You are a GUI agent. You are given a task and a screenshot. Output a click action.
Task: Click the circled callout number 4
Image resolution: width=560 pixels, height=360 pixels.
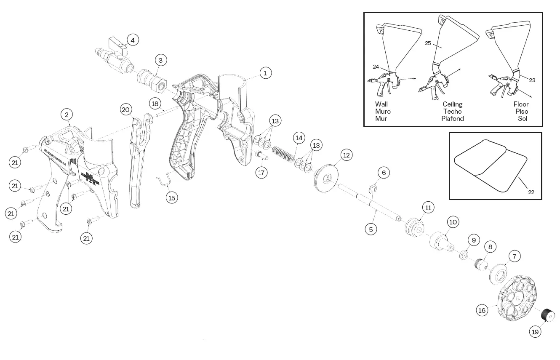click(x=132, y=40)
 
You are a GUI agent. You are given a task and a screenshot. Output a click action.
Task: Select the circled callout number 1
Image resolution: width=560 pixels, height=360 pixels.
click(x=265, y=73)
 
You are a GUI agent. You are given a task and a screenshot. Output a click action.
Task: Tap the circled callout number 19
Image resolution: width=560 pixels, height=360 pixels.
click(x=535, y=332)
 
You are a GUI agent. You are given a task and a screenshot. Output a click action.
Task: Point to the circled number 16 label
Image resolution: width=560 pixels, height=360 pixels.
click(x=482, y=310)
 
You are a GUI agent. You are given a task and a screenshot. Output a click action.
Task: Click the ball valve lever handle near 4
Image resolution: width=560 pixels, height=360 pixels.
click(x=117, y=43)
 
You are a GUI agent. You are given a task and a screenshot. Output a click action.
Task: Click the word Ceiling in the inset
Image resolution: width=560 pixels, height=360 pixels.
click(x=452, y=104)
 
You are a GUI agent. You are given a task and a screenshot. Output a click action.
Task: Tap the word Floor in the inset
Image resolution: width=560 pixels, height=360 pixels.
click(x=521, y=104)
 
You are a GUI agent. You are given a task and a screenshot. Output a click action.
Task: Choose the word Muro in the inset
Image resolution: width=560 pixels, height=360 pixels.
click(x=383, y=111)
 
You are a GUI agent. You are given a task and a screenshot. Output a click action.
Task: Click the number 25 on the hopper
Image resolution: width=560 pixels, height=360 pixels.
click(x=428, y=43)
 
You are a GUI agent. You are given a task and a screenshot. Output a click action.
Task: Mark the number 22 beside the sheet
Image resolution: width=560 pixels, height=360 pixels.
click(x=531, y=192)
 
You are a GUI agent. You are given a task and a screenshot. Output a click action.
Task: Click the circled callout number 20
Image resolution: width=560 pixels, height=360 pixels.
click(x=125, y=110)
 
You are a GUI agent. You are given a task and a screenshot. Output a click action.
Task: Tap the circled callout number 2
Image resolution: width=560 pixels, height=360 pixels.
click(x=67, y=114)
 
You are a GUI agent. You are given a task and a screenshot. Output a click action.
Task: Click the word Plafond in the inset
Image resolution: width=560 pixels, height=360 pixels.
click(x=452, y=118)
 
